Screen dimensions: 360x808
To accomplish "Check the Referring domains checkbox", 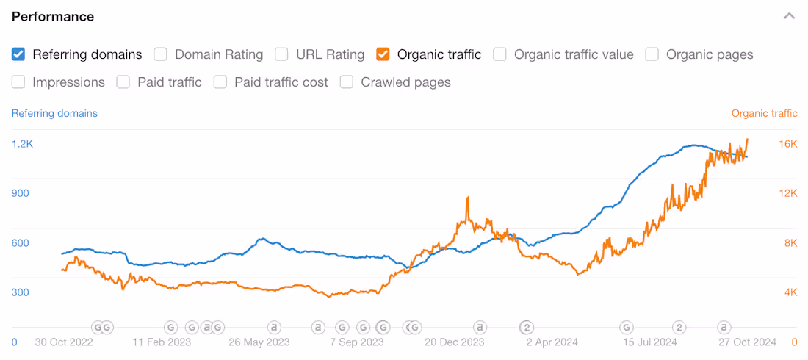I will pyautogui.click(x=18, y=54).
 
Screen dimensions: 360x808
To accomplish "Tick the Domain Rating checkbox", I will pyautogui.click(x=160, y=54).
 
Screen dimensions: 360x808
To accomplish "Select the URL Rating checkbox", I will pyautogui.click(x=281, y=54).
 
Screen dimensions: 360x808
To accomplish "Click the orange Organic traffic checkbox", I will pyautogui.click(x=383, y=54).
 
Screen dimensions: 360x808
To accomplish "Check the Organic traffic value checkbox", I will pyautogui.click(x=499, y=54).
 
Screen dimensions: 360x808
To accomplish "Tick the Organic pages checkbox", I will pyautogui.click(x=652, y=54).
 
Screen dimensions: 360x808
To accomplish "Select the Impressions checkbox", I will pyautogui.click(x=18, y=82).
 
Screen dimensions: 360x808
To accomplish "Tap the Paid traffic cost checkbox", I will pyautogui.click(x=220, y=82).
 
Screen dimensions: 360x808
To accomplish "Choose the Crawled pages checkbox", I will pyautogui.click(x=347, y=82).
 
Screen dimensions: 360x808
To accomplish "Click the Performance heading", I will pyautogui.click(x=53, y=16).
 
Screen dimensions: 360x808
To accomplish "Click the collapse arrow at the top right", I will pyautogui.click(x=789, y=16).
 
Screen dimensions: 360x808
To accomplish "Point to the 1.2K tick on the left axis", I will pyautogui.click(x=22, y=144).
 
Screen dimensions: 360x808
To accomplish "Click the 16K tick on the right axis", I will pyautogui.click(x=788, y=144).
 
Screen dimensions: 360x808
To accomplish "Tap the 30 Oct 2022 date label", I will pyautogui.click(x=64, y=342).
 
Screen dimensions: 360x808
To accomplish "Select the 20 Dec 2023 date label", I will pyautogui.click(x=455, y=342).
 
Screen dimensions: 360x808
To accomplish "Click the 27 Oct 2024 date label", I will pyautogui.click(x=746, y=342).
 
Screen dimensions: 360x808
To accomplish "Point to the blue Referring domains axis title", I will pyautogui.click(x=54, y=113).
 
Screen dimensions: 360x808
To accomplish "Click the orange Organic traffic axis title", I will pyautogui.click(x=764, y=113).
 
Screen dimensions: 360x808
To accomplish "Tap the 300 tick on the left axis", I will pyautogui.click(x=20, y=292).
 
